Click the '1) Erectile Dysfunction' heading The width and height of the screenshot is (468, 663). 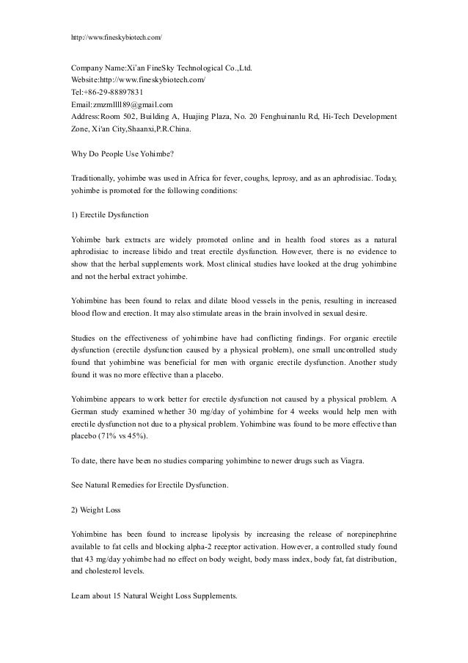pyautogui.click(x=110, y=216)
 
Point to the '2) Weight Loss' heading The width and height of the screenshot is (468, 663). pyautogui.click(x=95, y=510)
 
